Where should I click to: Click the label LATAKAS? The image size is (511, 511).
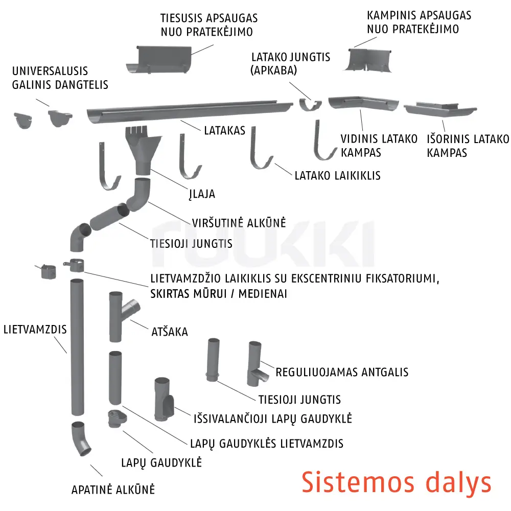tap(224, 130)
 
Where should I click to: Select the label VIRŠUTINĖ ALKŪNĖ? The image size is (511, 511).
tap(239, 223)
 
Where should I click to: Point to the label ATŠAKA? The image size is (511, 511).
tap(170, 332)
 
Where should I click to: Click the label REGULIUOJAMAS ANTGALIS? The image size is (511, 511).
tap(342, 372)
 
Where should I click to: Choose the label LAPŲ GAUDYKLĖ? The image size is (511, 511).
tap(161, 463)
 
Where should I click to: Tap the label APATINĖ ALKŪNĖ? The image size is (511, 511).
tap(113, 489)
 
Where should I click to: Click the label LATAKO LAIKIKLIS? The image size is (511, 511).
tap(337, 176)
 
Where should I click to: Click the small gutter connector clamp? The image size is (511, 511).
tap(310, 105)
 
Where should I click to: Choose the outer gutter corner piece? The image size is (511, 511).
tap(439, 109)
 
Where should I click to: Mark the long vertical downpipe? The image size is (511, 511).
tap(77, 347)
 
